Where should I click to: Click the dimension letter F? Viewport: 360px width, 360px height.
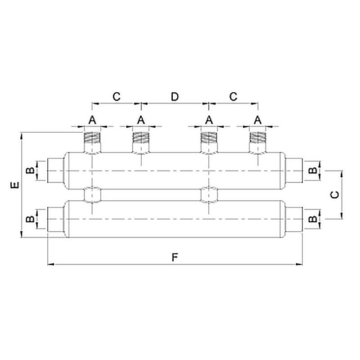tap(175, 257)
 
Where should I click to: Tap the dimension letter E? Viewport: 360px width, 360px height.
tap(15, 185)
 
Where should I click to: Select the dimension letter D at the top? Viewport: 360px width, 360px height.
tap(175, 97)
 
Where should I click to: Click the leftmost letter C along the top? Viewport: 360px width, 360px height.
tap(117, 97)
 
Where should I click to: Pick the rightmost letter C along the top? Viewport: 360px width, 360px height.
tap(233, 97)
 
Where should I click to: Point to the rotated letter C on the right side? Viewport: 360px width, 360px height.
tap(334, 195)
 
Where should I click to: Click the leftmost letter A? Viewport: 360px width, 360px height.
tap(92, 120)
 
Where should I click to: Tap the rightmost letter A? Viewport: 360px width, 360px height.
tap(257, 120)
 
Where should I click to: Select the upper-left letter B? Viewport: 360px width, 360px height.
tap(30, 171)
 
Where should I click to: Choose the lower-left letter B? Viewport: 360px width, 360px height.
tap(30, 219)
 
